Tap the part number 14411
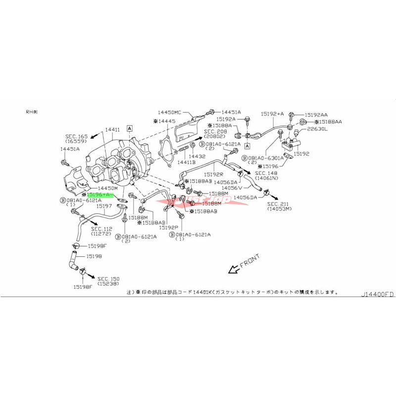coord(112,130)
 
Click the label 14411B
coord(186,162)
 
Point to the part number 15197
coord(104,205)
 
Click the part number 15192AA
coord(316,113)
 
